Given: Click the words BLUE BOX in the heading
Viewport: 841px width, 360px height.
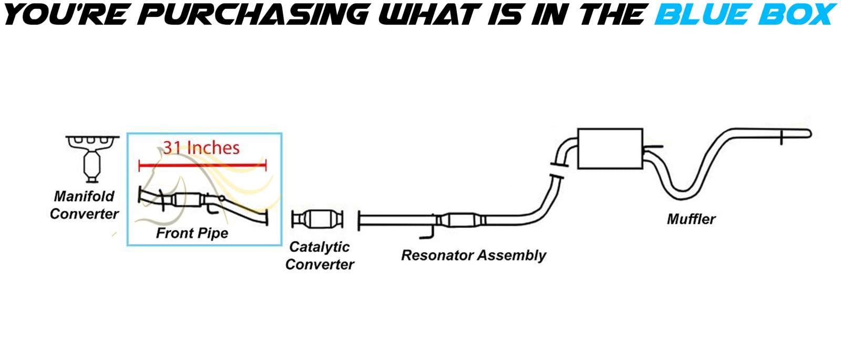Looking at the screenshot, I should (743, 14).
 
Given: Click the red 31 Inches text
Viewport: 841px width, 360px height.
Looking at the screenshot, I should (201, 148).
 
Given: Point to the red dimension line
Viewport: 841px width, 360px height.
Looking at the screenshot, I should (202, 166).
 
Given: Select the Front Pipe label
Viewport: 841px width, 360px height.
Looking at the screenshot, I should (192, 233).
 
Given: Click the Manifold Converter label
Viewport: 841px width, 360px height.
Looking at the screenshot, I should (84, 205).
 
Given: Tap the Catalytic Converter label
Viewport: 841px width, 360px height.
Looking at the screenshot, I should (319, 255).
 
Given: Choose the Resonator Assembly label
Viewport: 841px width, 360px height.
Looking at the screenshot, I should (473, 255).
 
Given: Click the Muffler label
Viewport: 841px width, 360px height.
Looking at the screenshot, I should (691, 219).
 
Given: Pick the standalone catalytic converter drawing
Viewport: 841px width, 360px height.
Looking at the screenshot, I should (318, 219).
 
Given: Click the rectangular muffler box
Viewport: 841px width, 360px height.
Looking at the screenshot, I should (610, 148).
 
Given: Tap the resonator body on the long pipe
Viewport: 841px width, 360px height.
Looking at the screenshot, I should (460, 220).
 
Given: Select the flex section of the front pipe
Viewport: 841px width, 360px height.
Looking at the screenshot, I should (187, 200).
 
